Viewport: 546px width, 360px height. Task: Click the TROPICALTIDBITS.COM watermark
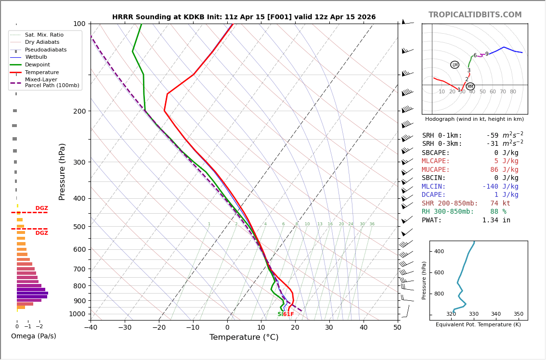(x=475, y=15)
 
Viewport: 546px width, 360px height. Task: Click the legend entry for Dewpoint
(x=37, y=65)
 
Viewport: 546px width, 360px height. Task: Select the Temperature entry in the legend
(x=41, y=73)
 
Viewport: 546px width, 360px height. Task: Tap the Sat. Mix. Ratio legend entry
(x=44, y=35)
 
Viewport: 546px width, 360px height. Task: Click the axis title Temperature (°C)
(x=244, y=337)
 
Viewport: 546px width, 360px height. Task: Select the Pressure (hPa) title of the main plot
(x=62, y=171)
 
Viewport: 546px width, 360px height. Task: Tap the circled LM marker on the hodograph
(x=455, y=65)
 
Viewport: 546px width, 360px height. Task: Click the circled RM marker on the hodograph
(x=470, y=87)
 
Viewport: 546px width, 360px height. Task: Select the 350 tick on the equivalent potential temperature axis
(x=518, y=314)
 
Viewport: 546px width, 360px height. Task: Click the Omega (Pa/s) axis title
(x=33, y=336)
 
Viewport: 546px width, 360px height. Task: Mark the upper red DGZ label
(x=41, y=208)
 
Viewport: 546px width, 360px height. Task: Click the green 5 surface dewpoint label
(x=279, y=314)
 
